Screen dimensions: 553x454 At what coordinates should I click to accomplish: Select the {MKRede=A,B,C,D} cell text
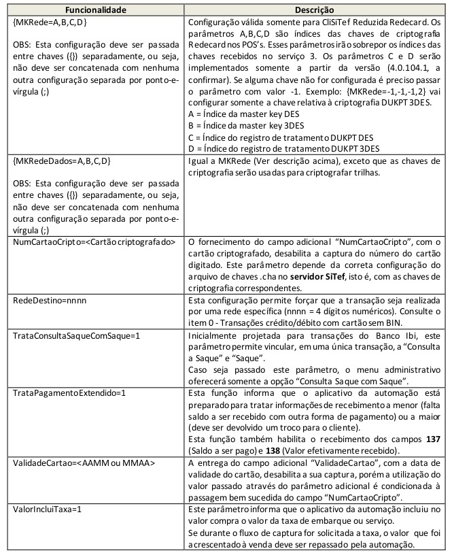click(48, 22)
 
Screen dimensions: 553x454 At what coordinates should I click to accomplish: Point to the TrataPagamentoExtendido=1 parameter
click(67, 392)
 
